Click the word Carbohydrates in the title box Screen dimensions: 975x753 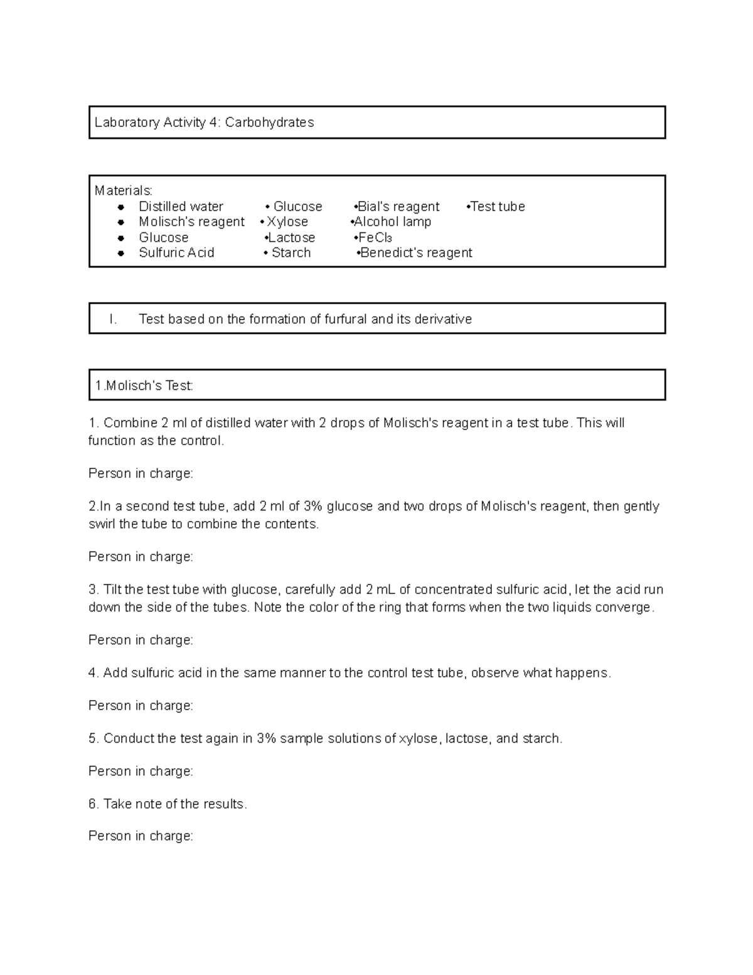click(x=269, y=122)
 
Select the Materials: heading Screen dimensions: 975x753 click(x=123, y=190)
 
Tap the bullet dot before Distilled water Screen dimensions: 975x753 click(x=121, y=207)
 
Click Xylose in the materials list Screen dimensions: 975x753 click(x=287, y=222)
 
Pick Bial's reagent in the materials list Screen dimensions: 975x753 click(x=398, y=207)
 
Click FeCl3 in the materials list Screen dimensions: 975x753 click(x=375, y=238)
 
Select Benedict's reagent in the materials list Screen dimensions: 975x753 click(x=416, y=252)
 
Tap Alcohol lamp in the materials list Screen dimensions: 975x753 click(x=392, y=222)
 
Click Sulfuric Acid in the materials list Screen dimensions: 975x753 click(x=176, y=252)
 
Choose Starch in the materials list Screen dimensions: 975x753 click(x=291, y=252)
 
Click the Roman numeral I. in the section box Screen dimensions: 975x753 click(x=113, y=319)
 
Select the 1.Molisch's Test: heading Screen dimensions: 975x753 click(x=144, y=386)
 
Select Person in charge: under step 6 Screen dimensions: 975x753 click(x=141, y=836)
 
